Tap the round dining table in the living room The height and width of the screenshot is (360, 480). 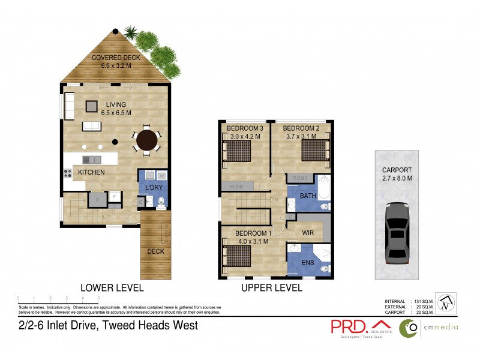click(x=147, y=141)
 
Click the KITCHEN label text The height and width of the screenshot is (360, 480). click(x=91, y=173)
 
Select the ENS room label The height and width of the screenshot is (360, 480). click(x=308, y=262)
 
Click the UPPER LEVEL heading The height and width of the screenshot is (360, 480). click(x=272, y=288)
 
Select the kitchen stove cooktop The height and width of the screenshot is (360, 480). click(x=67, y=173)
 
